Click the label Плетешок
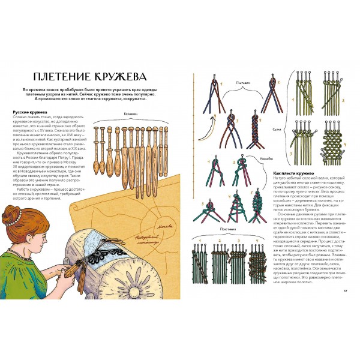pyautogui.click(x=243, y=80)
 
